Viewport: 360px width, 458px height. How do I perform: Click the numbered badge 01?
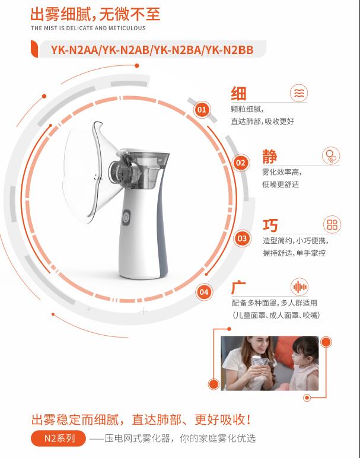(202, 110)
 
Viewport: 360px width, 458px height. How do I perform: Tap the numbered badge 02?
(241, 163)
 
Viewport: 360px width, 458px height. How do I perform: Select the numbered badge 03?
(242, 238)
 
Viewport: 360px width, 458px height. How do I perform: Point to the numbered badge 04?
(204, 292)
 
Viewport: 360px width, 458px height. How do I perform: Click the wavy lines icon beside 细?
(299, 93)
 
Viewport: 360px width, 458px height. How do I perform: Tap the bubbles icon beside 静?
(331, 155)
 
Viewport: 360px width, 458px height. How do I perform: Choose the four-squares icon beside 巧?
(332, 224)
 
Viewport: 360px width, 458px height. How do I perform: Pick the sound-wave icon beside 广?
(300, 287)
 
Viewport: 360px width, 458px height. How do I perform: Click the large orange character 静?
(269, 157)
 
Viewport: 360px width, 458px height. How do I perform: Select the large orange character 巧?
(270, 225)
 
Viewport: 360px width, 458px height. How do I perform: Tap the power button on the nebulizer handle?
(126, 218)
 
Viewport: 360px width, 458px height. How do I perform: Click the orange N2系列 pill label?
(58, 438)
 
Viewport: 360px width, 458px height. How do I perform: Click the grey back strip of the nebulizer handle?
(163, 222)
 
